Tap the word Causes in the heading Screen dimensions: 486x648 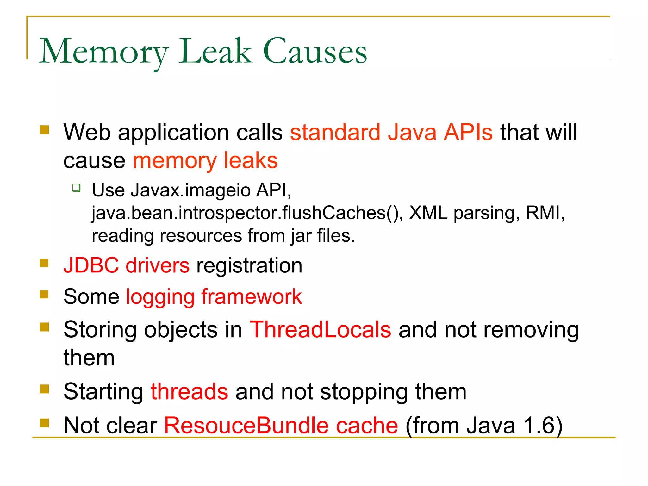pos(315,52)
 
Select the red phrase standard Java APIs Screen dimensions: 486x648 pos(391,132)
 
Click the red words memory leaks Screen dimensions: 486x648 pos(205,160)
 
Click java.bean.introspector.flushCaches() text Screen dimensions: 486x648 pos(247,213)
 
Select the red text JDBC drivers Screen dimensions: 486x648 pos(127,265)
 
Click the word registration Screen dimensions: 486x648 pos(249,265)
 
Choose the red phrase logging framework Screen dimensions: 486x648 pos(214,297)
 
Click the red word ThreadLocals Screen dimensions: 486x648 pos(320,330)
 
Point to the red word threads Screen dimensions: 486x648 pos(189,392)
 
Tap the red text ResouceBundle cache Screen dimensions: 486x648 pos(281,425)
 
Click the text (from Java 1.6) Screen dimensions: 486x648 pos(484,425)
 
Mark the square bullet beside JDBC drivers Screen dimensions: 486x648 pos(44,263)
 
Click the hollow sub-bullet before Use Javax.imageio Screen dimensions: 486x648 pos(76,188)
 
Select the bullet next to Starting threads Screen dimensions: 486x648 pos(44,389)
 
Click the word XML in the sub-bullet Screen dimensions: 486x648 pos(428,213)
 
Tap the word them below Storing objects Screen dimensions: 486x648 pos(89,358)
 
